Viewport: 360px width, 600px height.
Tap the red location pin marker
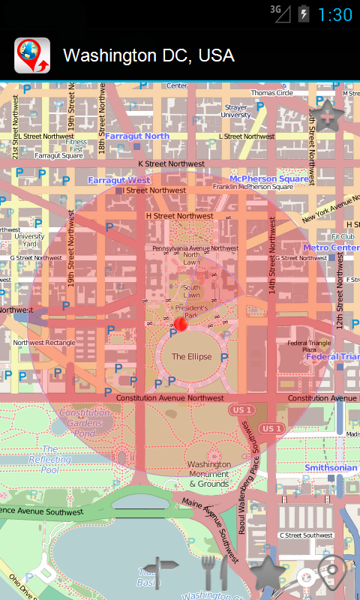click(180, 324)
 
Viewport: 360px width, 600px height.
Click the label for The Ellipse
click(191, 357)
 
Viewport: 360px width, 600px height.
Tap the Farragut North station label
click(136, 136)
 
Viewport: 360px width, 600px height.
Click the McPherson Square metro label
click(269, 179)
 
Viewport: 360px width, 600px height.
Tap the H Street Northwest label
click(179, 216)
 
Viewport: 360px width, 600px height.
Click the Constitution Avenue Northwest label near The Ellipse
click(170, 397)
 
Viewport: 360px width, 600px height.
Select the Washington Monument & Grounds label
click(208, 474)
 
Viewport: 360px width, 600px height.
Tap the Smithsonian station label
click(331, 468)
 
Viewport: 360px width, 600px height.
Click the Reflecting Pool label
click(44, 464)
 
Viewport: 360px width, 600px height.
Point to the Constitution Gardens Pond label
click(85, 423)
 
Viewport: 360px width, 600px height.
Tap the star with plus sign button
click(328, 115)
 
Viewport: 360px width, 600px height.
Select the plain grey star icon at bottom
click(267, 573)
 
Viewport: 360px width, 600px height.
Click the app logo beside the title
click(32, 55)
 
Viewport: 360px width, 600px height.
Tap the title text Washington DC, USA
click(148, 55)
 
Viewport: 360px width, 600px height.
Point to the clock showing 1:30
click(334, 14)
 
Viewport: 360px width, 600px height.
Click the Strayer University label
click(235, 111)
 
